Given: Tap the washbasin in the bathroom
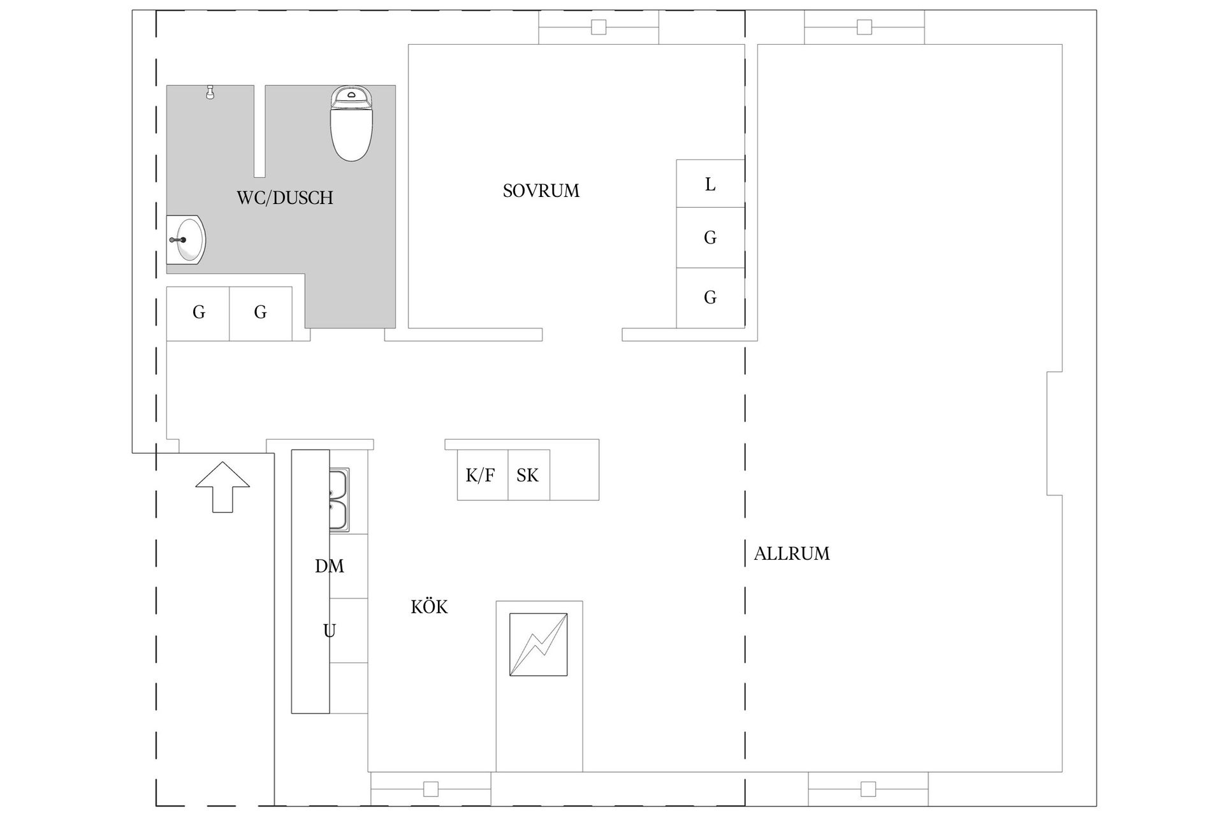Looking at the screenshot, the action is pos(186,240).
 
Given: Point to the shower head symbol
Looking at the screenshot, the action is pos(209,92).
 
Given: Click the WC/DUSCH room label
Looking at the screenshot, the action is pos(285,198).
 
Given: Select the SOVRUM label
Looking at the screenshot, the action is pos(541,191).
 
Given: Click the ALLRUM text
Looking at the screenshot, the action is pos(792,553).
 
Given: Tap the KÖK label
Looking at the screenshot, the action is pos(429,607).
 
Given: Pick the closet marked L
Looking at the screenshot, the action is pos(710,184).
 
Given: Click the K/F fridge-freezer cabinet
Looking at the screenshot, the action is pos(483,475).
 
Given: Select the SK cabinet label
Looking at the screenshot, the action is pos(527,476).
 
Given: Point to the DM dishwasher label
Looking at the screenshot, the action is pos(330,566).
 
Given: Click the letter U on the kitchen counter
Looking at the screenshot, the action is pos(329,631).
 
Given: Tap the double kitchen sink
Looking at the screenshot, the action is pos(339,500).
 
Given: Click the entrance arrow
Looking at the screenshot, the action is pos(222,487).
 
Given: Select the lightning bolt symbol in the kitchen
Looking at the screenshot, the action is pos(539,644).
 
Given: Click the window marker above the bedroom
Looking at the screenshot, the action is pos(599,27).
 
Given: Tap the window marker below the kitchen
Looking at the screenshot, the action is pos(431,789).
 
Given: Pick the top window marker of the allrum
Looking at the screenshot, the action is pos(864,27).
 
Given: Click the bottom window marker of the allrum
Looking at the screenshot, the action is pos(868,789).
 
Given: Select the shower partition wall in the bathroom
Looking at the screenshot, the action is pos(259,131).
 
